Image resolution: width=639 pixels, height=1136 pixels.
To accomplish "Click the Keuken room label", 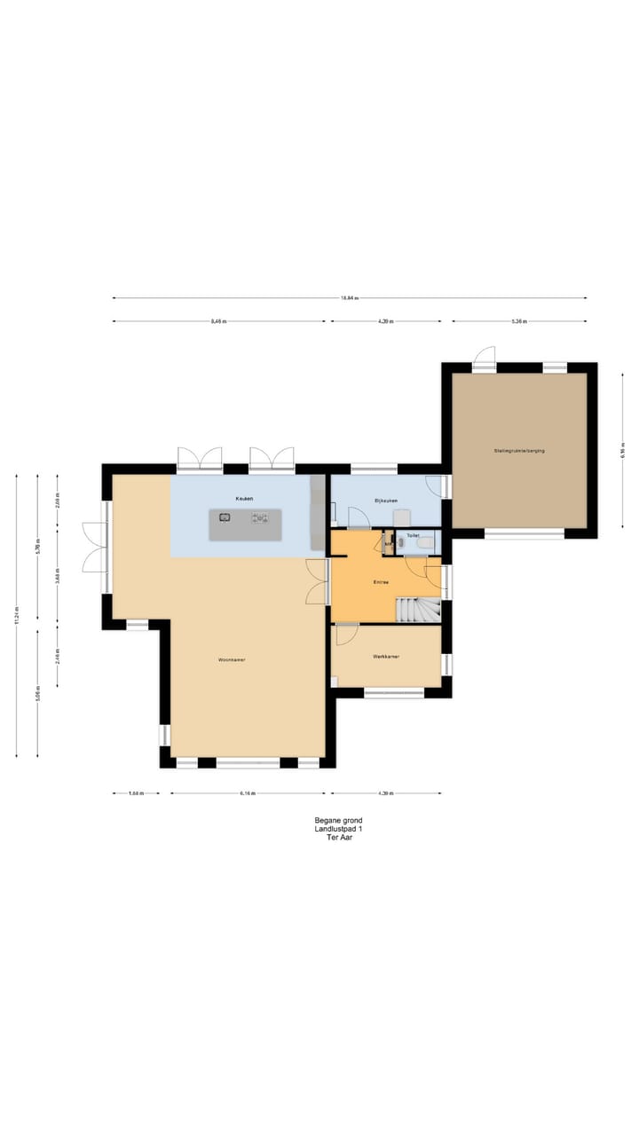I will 244,499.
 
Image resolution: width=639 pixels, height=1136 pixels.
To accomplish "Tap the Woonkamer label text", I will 232,660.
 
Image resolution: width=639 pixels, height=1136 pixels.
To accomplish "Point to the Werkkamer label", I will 386,657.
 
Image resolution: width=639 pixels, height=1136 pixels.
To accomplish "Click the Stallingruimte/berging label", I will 519,451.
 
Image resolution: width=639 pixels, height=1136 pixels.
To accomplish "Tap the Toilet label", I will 413,536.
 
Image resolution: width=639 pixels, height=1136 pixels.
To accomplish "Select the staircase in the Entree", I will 417,610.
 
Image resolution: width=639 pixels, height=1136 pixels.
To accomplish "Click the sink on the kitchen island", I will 225,517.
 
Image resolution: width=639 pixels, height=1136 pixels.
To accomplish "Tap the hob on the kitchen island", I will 260,517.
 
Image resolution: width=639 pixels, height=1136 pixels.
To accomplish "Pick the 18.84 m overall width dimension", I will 349,298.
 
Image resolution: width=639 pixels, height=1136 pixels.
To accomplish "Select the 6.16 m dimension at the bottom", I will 248,794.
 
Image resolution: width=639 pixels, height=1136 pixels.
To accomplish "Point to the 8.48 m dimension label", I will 218,321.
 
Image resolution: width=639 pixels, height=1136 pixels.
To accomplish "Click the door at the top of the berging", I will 484,358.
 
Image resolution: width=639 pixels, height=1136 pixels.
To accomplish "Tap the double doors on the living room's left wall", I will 93,548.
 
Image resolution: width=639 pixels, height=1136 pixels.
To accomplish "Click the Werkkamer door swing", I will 346,634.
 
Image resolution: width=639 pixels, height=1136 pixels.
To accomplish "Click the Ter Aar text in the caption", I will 339,837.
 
